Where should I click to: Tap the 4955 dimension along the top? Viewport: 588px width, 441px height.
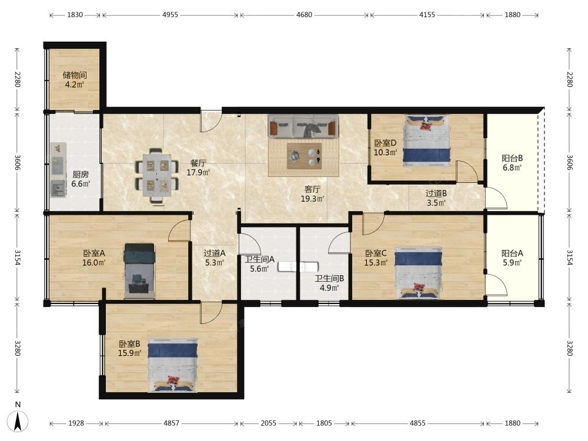point(171,15)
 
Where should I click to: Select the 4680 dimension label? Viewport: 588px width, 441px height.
point(304,15)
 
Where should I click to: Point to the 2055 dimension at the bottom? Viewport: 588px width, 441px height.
point(269,423)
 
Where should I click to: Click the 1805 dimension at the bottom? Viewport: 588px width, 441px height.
point(324,423)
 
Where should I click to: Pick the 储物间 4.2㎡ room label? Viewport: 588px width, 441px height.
point(75,80)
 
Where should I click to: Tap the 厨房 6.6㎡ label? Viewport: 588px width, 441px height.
point(81,179)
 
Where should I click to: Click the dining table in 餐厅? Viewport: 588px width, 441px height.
point(157,176)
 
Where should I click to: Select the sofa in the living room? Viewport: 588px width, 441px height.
point(303,126)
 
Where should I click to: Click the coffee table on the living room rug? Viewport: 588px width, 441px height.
point(304,156)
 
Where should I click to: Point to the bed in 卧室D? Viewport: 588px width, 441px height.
point(426,141)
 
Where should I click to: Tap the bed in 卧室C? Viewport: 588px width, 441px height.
point(418,273)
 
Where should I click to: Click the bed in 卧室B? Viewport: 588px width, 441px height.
point(172,365)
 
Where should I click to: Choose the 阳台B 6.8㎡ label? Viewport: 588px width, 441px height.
point(512,163)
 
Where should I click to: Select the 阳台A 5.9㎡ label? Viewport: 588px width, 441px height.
point(512,258)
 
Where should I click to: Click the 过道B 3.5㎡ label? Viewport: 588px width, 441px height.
point(436,198)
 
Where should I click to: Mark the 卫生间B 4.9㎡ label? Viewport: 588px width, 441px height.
point(329,283)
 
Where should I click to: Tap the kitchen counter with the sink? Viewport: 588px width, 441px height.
point(58,170)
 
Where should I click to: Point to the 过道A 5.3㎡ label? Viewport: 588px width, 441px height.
point(215,258)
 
